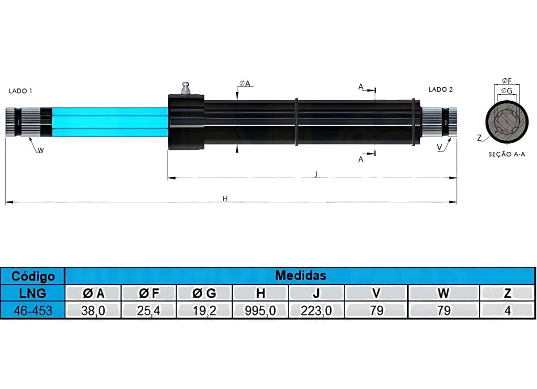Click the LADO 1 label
point(21,91)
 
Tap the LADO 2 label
point(441,90)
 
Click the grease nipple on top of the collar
point(186,88)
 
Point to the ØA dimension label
point(245,83)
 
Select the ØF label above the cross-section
point(507,81)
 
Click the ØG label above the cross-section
point(507,91)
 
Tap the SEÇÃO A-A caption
point(507,154)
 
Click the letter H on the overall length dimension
point(225,199)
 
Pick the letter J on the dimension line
point(316,174)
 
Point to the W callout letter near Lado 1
point(41,150)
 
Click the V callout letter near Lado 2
point(439,147)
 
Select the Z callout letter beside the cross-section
point(479,138)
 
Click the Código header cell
point(32,276)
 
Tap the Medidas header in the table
point(300,275)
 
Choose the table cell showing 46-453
point(32,310)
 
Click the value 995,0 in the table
point(260,311)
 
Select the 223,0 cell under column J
point(316,311)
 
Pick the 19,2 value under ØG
point(205,311)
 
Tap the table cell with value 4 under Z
point(507,311)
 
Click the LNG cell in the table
point(32,293)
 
